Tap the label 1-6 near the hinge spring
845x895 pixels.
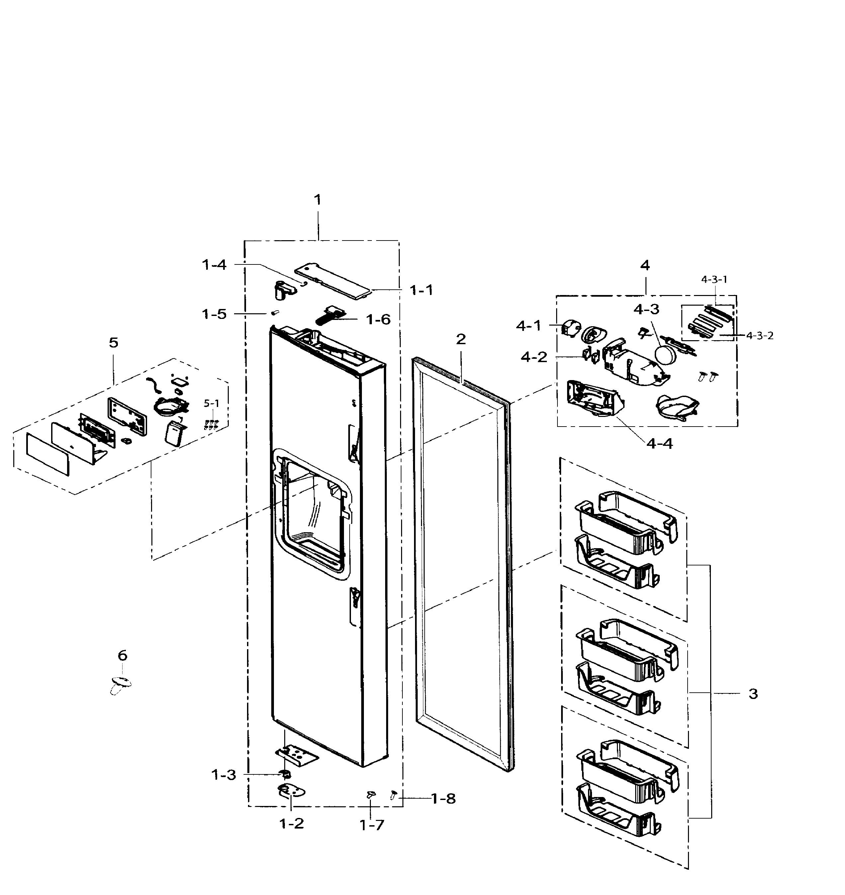(378, 320)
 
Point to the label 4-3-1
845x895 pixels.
(714, 279)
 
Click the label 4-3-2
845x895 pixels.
(760, 336)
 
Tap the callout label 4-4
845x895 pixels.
(659, 444)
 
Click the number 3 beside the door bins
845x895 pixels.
(753, 694)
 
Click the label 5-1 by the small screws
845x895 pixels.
(211, 403)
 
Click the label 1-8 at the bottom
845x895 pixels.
(443, 799)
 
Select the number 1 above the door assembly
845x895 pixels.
(317, 200)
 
